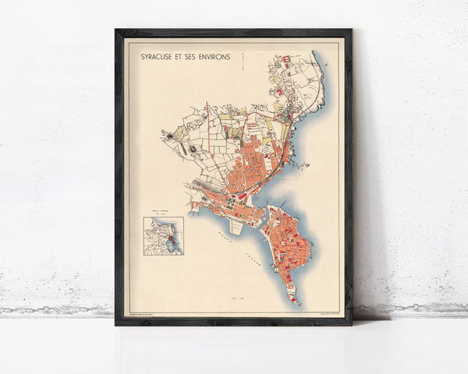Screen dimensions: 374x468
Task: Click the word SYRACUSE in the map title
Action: click(157, 58)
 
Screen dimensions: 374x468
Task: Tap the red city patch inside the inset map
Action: click(166, 238)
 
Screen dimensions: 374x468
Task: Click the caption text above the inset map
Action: click(163, 213)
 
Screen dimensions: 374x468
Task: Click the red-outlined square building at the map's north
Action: click(285, 59)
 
